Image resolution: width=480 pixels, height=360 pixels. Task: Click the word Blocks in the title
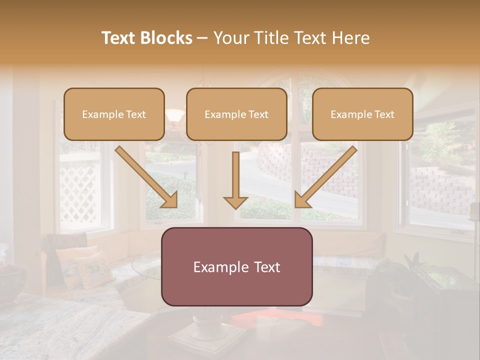166,38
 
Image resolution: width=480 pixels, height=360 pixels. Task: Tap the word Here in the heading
350,38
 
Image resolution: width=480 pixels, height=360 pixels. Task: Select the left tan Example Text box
114,114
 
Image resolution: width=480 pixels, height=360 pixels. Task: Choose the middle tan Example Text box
236,114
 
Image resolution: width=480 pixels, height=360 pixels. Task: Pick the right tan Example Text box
362,114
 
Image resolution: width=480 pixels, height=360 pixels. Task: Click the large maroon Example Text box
236,266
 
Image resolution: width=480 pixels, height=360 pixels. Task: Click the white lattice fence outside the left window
80,192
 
